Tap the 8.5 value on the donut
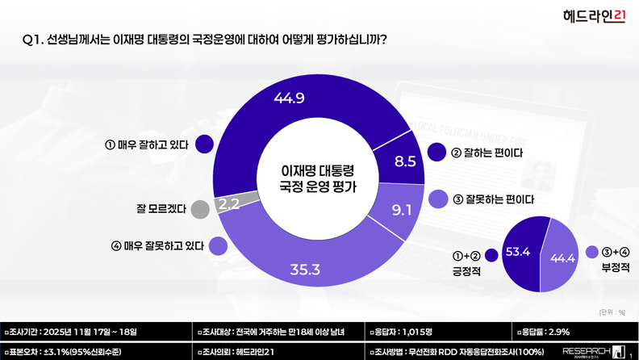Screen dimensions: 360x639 click(x=405, y=161)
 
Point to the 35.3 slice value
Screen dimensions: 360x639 click(x=306, y=267)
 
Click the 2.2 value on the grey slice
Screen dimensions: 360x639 click(x=228, y=203)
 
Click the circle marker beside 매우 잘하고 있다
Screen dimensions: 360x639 click(x=203, y=145)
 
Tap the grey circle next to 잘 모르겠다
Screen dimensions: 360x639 click(x=200, y=209)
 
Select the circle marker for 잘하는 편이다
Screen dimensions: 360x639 click(x=437, y=151)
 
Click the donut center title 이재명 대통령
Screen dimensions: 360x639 click(x=316, y=171)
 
